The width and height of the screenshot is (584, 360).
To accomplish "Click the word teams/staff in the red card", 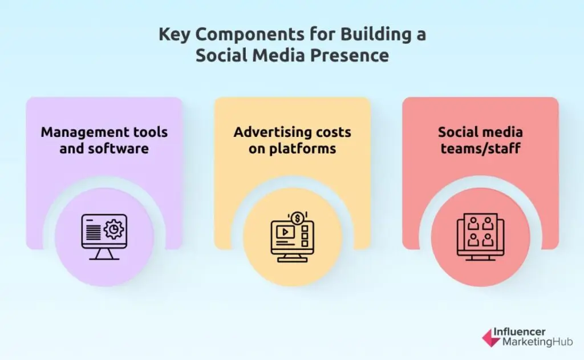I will tap(480, 149).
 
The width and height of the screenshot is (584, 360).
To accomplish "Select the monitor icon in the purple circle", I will tap(104, 236).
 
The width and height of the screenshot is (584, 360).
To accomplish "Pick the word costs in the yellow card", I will tap(332, 132).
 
